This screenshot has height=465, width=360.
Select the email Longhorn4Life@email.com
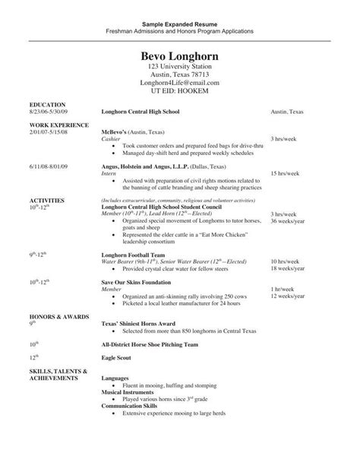coord(180,82)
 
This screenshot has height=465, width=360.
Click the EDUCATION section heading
coord(47,103)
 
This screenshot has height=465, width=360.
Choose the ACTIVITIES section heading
coord(47,201)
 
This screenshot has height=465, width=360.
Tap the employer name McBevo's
coord(115,131)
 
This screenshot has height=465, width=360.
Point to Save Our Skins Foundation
coord(137,281)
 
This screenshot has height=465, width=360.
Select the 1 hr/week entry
coord(283,289)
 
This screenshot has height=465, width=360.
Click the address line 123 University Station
coord(180,68)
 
